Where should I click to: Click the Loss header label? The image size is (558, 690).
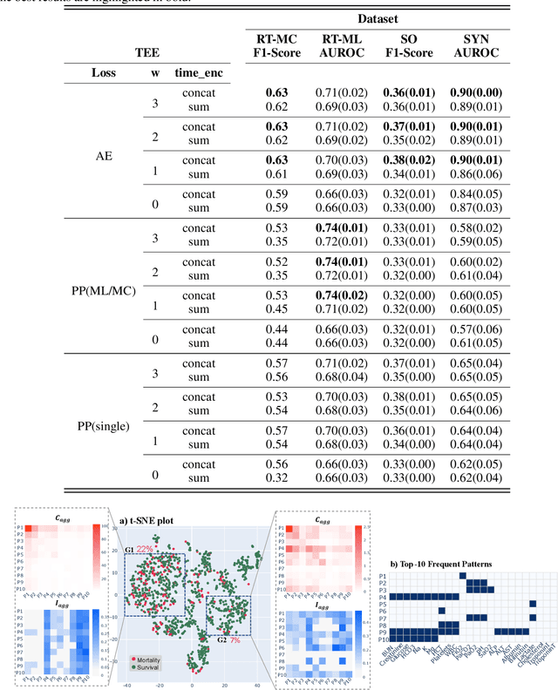104,73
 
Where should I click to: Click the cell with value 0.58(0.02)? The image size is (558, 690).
476,228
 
